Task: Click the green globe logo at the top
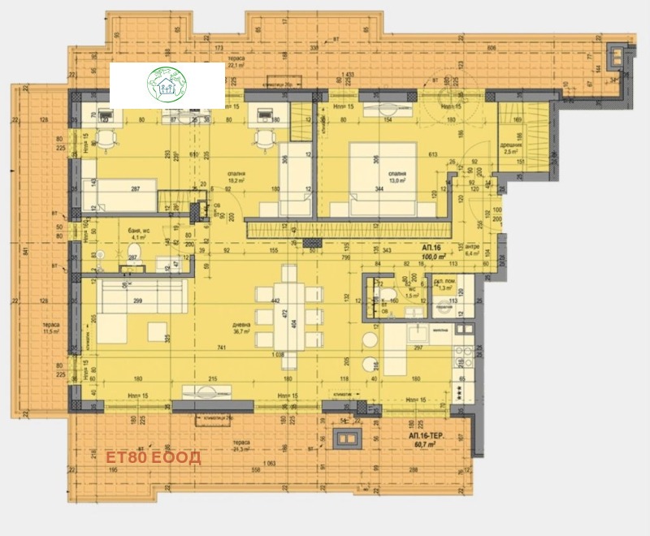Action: [167, 84]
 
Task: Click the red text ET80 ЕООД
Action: [154, 457]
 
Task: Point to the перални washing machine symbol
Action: [444, 309]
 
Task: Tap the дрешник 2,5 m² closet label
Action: [510, 148]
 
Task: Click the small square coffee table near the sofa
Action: [158, 331]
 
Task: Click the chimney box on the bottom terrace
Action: [349, 439]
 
